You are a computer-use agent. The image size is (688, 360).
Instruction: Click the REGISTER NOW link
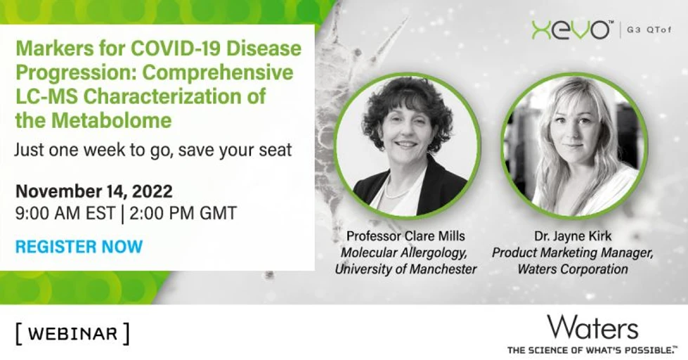coord(79,246)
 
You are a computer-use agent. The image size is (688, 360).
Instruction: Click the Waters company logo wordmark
coord(592,328)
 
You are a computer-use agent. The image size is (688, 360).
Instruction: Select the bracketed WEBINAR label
coord(72,334)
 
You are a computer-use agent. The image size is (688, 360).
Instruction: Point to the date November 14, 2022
coord(94,191)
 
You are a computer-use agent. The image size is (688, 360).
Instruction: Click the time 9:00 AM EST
coord(65,213)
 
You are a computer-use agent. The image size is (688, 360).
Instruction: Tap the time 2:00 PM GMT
coord(183,213)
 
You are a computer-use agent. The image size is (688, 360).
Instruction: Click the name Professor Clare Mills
coord(405,236)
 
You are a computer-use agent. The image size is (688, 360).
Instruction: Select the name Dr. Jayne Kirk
coord(573,236)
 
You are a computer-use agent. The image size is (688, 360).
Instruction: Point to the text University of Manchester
coord(405,269)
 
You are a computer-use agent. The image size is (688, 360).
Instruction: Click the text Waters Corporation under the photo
coord(573,269)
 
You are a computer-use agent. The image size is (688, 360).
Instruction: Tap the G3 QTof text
coord(649,30)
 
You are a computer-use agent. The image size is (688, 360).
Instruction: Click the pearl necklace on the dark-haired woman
coord(398,192)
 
